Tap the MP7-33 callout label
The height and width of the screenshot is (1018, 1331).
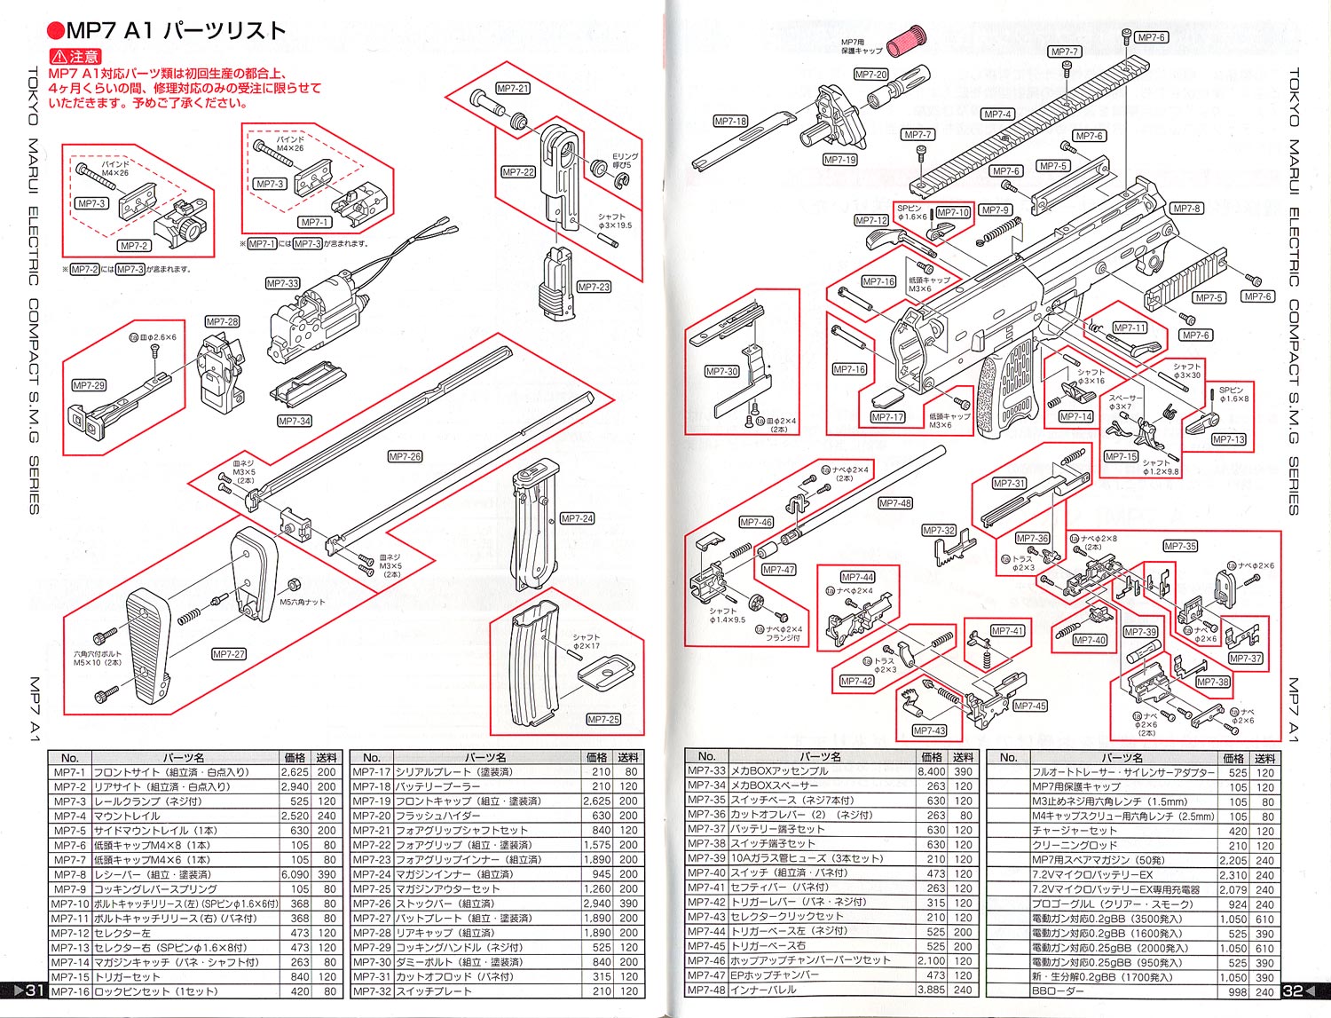(x=282, y=283)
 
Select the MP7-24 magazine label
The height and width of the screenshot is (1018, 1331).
(x=577, y=518)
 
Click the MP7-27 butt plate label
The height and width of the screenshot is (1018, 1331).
(x=229, y=654)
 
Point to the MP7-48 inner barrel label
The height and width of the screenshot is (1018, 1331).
(x=894, y=503)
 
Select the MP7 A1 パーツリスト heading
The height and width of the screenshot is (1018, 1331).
(x=166, y=31)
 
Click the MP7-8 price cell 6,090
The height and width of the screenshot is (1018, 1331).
(x=295, y=874)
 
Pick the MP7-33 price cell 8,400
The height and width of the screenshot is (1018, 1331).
(x=931, y=771)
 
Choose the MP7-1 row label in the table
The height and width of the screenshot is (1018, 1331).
(x=69, y=772)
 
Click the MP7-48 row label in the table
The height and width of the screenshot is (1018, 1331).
(x=706, y=990)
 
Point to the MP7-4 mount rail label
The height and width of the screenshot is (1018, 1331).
(x=997, y=114)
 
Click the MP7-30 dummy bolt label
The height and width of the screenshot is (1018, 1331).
(x=721, y=372)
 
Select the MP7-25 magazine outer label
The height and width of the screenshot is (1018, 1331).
(x=602, y=720)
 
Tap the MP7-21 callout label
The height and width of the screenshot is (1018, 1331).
(x=513, y=89)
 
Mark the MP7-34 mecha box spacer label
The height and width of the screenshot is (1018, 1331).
(x=294, y=421)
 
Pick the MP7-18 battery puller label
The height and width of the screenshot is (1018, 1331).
(x=730, y=121)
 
